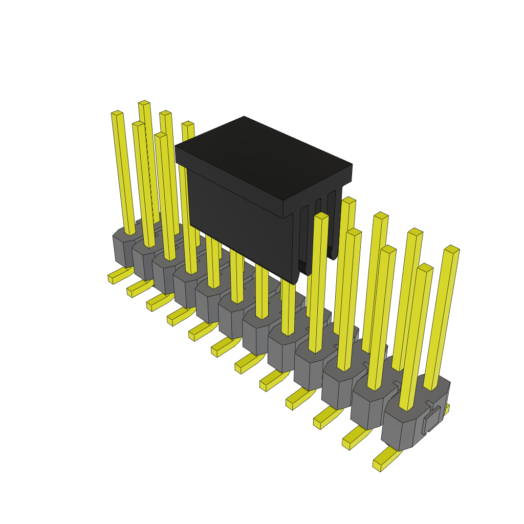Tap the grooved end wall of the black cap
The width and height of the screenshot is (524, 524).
point(317,225)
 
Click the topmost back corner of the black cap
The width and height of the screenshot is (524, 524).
point(244,117)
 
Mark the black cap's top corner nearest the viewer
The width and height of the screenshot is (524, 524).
point(283,201)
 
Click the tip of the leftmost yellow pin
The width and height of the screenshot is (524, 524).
point(117,113)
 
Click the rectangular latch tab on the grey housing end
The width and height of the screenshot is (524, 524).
point(431,420)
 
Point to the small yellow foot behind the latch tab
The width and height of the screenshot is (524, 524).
point(446,409)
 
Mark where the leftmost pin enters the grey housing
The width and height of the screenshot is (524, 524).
point(130,233)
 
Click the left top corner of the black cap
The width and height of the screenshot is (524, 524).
point(176,147)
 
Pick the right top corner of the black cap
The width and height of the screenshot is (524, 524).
point(352,165)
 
